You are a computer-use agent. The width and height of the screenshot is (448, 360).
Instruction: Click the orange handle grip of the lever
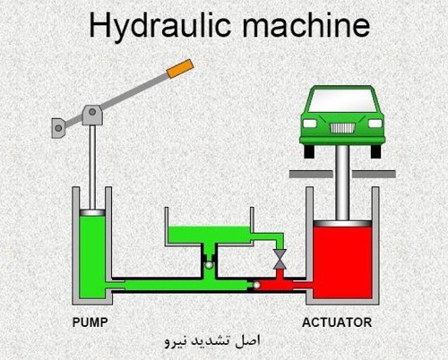180,69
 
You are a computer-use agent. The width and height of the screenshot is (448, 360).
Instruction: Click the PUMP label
90,322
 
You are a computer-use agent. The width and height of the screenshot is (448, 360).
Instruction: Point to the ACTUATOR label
337,322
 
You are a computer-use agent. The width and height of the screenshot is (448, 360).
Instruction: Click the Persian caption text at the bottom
212,341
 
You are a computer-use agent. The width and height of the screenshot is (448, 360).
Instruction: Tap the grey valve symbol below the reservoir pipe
280,259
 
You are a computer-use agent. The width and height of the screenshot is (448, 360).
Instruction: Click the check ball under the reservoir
209,265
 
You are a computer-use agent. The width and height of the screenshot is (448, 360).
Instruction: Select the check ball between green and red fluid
256,286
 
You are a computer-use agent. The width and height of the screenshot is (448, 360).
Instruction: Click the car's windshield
341,100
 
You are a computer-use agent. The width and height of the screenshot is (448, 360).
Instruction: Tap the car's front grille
342,128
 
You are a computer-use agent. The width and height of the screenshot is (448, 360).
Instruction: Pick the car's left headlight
310,124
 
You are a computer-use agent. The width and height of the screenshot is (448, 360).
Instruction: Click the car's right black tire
375,151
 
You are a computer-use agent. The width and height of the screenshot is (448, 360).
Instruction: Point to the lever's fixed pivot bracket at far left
58,128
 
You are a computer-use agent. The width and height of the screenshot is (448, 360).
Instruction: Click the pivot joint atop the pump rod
92,115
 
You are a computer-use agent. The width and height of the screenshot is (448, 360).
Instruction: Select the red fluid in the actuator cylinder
342,262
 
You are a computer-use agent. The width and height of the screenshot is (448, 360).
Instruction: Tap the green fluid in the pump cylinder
92,257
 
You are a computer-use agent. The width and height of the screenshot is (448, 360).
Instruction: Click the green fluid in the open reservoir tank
209,235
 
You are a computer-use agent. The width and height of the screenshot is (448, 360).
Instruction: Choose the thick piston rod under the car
342,183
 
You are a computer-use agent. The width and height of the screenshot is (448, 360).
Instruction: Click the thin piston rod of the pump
92,167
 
